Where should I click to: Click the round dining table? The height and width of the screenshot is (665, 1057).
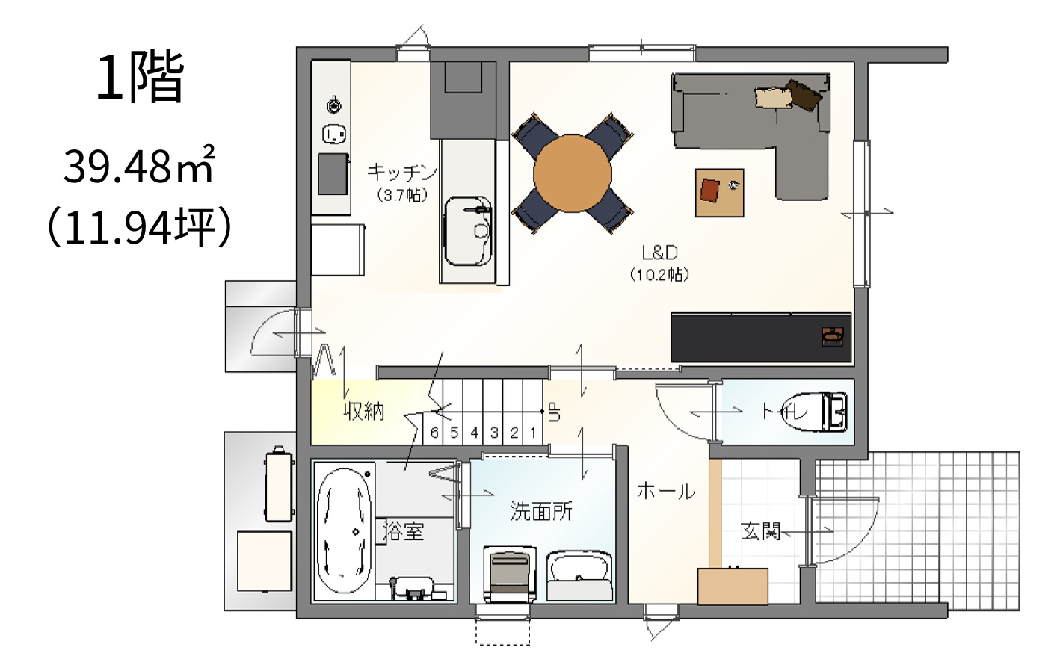tap(573, 173)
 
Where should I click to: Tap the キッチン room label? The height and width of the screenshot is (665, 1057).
tap(402, 173)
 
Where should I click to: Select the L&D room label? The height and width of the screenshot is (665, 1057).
tap(659, 253)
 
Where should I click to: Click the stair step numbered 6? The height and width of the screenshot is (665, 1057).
tap(434, 433)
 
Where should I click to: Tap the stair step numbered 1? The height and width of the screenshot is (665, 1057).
tap(533, 433)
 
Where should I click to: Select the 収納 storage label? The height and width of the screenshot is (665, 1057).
tap(364, 412)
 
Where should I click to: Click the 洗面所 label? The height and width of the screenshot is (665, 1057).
tap(541, 511)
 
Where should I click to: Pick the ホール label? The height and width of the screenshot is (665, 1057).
tap(666, 492)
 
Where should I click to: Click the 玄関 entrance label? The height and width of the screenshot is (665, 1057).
tap(760, 531)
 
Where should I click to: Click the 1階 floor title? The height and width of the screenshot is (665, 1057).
tap(140, 78)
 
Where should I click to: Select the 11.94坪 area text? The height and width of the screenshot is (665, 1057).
tap(140, 228)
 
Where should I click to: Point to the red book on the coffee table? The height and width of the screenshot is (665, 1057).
tap(709, 190)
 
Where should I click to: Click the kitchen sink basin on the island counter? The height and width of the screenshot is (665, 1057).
tap(469, 231)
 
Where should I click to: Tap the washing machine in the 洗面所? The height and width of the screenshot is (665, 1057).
tap(510, 574)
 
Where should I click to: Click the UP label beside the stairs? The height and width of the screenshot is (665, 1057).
tap(555, 412)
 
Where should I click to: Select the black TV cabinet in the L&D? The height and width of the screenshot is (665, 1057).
tap(761, 337)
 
